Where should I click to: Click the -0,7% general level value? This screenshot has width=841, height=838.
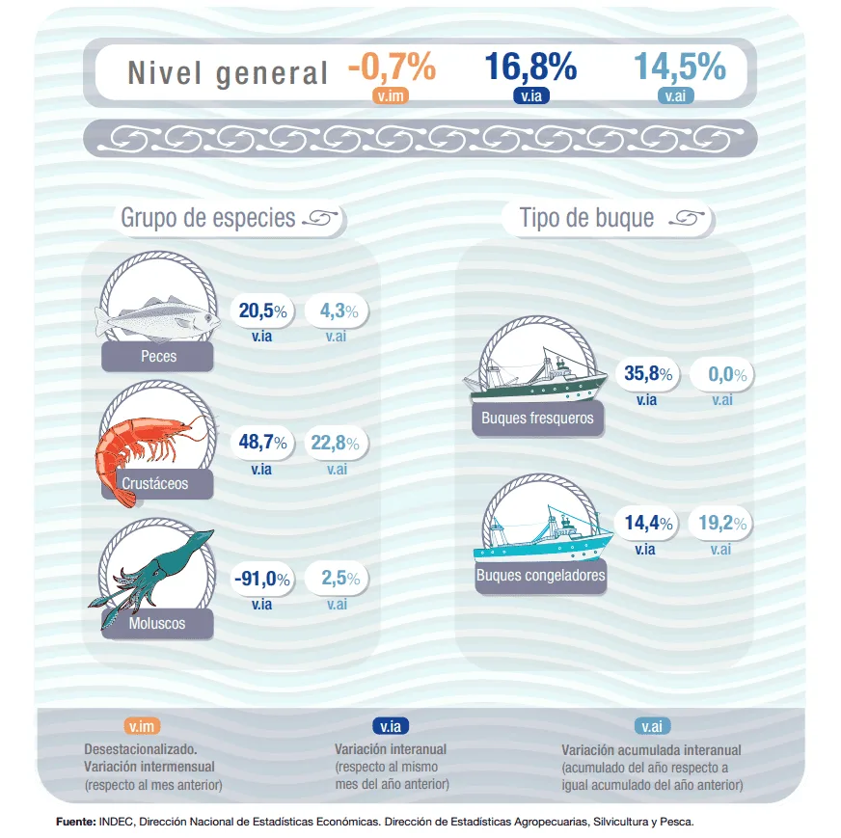pyautogui.click(x=392, y=67)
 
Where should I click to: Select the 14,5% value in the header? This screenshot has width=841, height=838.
pyautogui.click(x=679, y=67)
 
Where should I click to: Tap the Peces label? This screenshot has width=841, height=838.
pyautogui.click(x=158, y=357)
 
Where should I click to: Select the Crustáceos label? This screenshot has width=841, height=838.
pyautogui.click(x=156, y=483)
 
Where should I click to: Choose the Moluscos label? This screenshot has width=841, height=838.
pyautogui.click(x=157, y=623)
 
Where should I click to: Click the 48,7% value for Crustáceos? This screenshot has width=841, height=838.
pyautogui.click(x=263, y=444)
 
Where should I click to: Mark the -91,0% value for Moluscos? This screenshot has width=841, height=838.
pyautogui.click(x=262, y=579)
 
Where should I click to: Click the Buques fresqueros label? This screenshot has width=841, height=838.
pyautogui.click(x=537, y=419)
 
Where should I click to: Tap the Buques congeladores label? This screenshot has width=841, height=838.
pyautogui.click(x=540, y=577)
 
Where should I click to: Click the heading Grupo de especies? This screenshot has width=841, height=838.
pyautogui.click(x=207, y=218)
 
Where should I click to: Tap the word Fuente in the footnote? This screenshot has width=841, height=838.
pyautogui.click(x=74, y=823)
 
